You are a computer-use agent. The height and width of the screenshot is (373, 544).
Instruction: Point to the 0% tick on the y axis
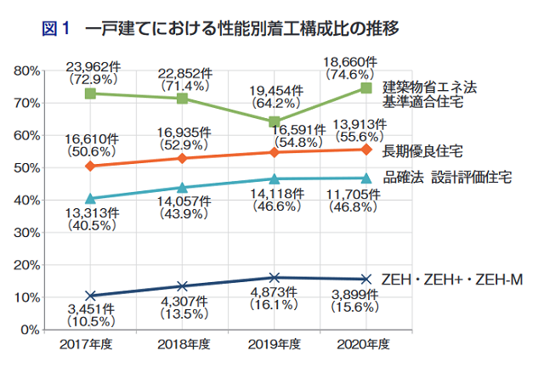pos(36,329)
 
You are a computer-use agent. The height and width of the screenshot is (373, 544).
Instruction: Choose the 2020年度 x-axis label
pos(365,344)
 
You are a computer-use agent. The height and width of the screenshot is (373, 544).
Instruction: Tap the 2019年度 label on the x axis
pos(274,344)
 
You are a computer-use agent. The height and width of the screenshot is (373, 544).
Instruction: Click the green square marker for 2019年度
pos(275,122)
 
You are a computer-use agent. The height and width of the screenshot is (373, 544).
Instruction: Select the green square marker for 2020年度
pos(366,88)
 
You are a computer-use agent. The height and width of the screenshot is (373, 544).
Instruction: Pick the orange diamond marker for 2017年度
pos(91,166)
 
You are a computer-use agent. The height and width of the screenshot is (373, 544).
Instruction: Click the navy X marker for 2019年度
pos(275,277)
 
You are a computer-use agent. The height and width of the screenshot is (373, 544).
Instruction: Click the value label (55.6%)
pos(365,135)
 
